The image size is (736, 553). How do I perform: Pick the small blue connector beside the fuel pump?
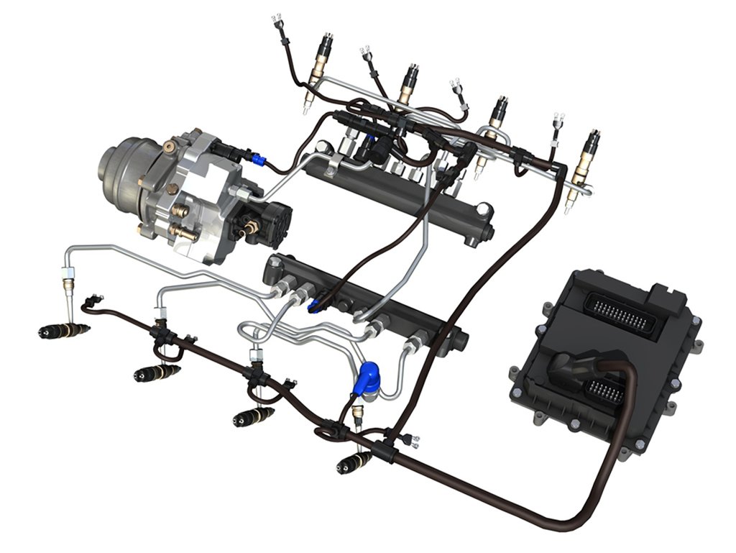pos(257,157)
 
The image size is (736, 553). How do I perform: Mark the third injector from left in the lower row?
pos(252,416)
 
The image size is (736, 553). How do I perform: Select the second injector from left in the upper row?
pos(408,84)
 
